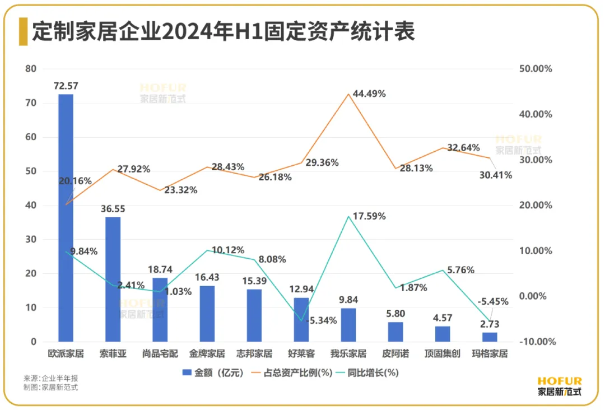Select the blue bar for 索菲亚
[x=113, y=279]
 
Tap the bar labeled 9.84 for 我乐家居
[x=348, y=325]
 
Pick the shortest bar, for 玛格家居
[x=490, y=337]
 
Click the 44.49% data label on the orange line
[x=369, y=94]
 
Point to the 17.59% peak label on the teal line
[x=369, y=216]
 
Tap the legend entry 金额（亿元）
[x=213, y=372]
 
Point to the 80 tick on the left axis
[x=30, y=69]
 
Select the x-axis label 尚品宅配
[x=160, y=354]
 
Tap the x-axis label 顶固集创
[x=443, y=354]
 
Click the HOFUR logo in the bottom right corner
[x=559, y=386]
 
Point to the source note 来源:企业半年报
[x=51, y=378]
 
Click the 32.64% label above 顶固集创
[x=463, y=148]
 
